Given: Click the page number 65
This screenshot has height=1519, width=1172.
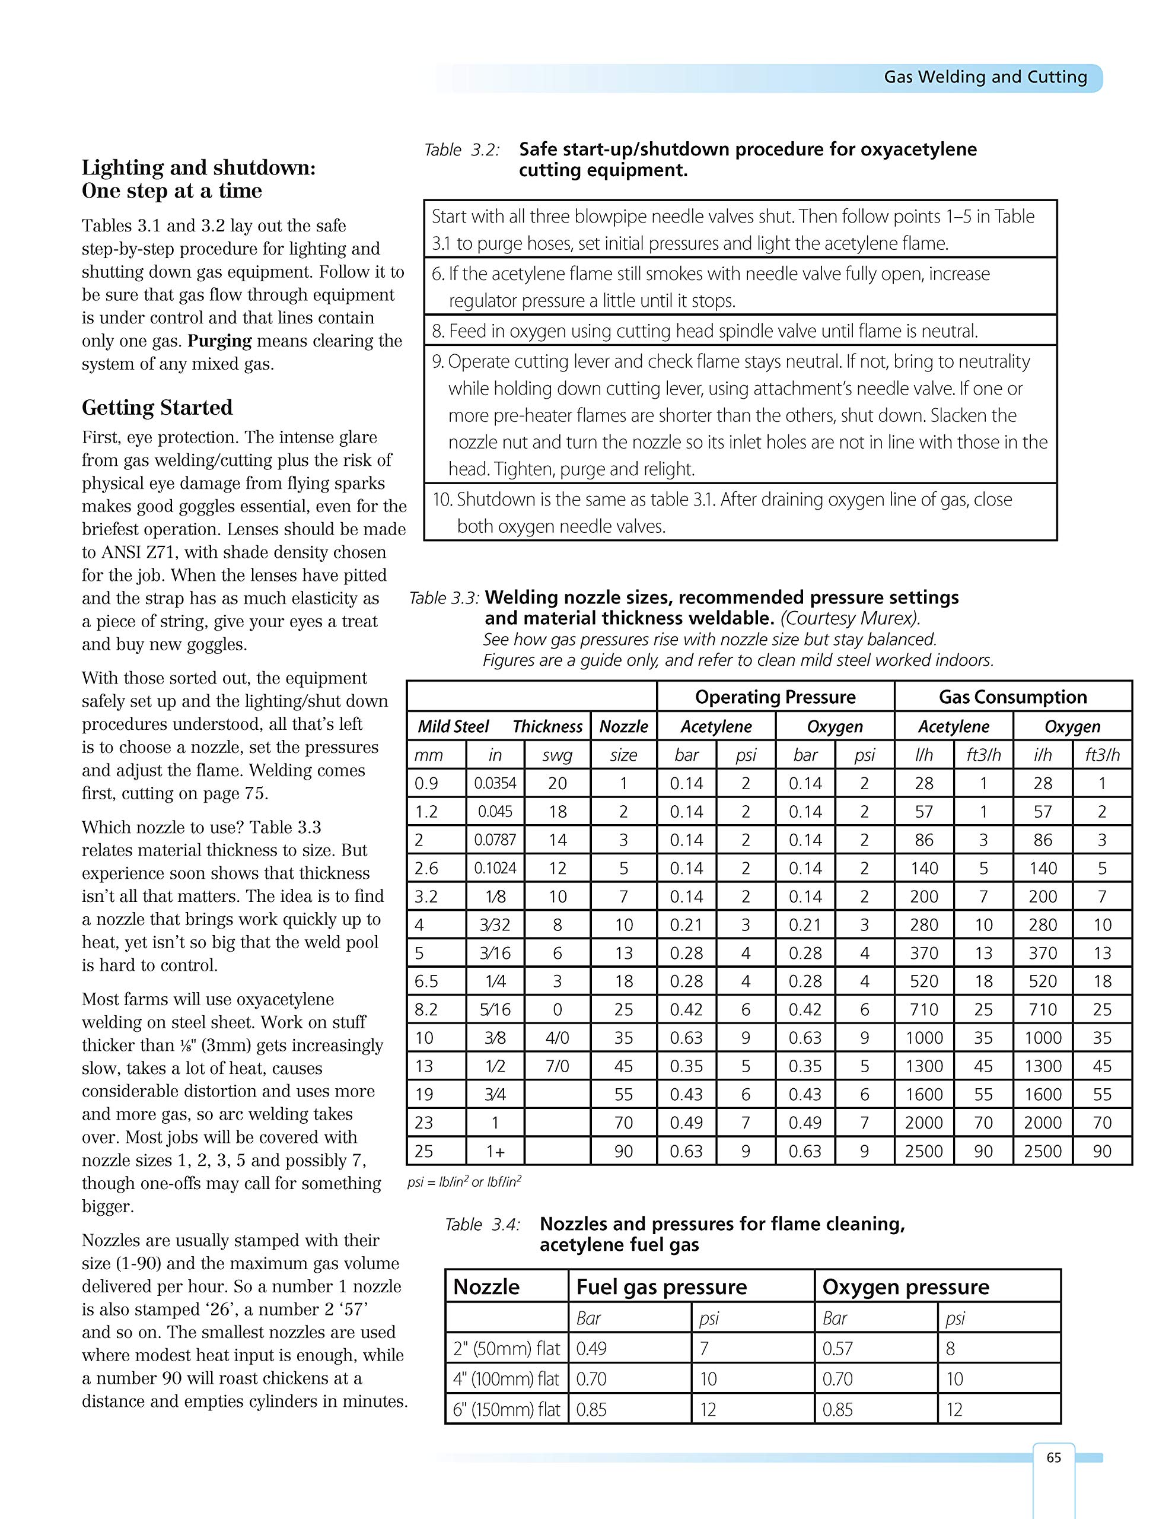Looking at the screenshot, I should pos(1053,1457).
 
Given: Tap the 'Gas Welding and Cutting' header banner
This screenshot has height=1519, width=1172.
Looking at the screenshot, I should pos(985,77).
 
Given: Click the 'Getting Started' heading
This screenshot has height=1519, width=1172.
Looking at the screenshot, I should pos(157,408).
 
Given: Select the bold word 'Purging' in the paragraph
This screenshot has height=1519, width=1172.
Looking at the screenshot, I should pos(219,341).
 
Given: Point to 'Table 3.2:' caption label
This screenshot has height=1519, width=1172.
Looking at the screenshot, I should pos(461,150).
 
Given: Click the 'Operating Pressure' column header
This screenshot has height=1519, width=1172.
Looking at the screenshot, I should pos(775,697).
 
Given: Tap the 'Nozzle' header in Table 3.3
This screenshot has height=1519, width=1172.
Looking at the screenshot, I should pos(623,727).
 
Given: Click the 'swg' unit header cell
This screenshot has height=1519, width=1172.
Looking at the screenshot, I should pos(557,755).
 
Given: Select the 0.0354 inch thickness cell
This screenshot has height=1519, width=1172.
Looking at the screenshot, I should pos(495,784).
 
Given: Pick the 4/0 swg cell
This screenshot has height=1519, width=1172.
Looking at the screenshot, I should pos(557,1038).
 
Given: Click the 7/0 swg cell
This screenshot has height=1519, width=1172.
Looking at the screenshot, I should pos(557,1066).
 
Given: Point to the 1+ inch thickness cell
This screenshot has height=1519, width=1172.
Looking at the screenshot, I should pos(495,1151).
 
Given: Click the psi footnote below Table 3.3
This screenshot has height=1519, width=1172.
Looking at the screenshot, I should pos(464,1182).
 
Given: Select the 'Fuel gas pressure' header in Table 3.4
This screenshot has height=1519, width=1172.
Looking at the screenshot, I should pos(661,1286).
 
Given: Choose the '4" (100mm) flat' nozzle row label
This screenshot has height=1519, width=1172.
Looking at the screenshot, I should pos(506,1378).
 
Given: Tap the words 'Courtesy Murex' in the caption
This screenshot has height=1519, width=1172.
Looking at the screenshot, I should pos(849,618).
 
